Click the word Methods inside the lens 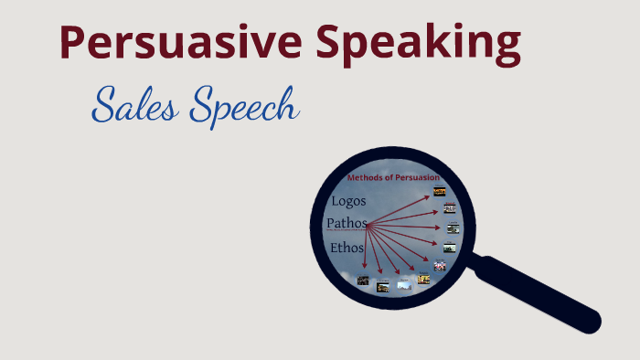pos(364,177)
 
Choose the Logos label pos(349,201)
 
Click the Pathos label pos(347,223)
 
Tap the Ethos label pos(347,248)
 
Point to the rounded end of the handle pos(590,323)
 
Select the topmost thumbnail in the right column pos(440,192)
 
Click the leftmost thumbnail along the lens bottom pos(363,281)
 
